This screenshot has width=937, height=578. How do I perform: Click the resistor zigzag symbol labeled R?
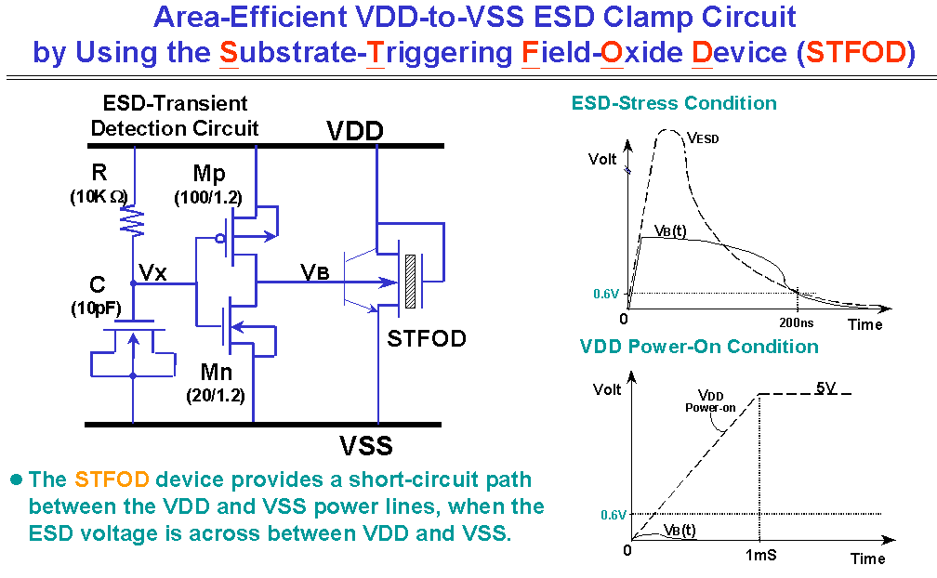point(133,221)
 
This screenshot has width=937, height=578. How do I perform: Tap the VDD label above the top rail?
point(354,131)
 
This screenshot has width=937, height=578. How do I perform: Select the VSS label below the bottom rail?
point(365,445)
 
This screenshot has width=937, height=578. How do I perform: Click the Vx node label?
point(152,273)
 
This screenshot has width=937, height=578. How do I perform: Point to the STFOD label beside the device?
point(427,338)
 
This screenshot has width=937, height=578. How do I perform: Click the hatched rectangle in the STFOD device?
point(410,282)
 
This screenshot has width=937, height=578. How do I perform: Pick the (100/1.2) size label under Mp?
point(208,198)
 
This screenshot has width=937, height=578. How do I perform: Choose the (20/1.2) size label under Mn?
point(216,395)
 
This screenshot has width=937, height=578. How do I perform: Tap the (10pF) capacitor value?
point(97,309)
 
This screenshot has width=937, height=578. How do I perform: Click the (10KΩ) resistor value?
point(99,196)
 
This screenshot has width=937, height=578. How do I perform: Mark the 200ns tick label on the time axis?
point(796,323)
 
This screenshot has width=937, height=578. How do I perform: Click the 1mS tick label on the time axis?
point(760,555)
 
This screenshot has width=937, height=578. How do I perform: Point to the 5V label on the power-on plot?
point(825,388)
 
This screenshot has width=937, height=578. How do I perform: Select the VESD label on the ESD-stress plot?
point(703,138)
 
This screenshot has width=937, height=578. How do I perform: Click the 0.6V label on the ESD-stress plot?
point(606,294)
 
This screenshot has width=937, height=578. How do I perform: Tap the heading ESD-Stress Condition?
point(674,103)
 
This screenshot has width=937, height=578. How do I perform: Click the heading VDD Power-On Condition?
point(699,347)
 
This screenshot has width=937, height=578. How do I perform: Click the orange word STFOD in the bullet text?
point(112,479)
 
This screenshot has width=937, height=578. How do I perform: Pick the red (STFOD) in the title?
point(856,53)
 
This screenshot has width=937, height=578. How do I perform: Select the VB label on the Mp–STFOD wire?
point(315,272)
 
